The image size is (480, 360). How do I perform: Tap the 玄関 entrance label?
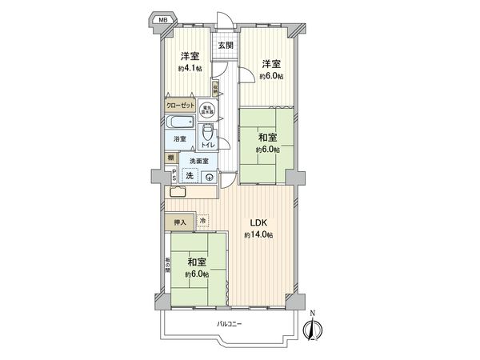point(226,46)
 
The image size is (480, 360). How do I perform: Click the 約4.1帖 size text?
point(190,69)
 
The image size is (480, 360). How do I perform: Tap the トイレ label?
point(208,145)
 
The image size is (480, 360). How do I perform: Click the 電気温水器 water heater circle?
point(208,111)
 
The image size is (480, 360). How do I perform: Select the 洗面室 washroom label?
point(200,162)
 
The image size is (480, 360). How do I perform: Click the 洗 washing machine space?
point(190,176)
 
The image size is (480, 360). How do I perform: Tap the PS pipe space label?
point(174,176)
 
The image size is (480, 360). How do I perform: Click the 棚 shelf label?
point(172,158)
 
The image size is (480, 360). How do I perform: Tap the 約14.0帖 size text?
point(258,234)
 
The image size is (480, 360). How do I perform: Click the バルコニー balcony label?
point(228,323)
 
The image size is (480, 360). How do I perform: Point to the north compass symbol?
point(313,326)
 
